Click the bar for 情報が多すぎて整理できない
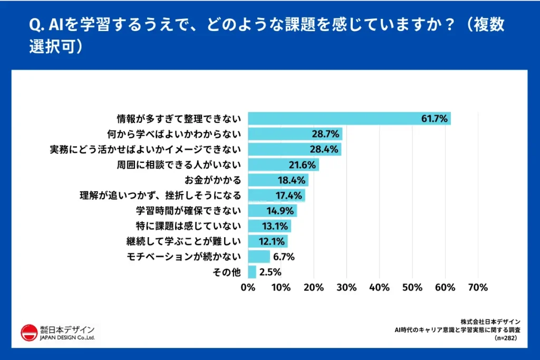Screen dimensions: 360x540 coord(349,118)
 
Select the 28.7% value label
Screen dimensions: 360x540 coord(327,133)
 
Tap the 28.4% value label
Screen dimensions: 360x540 coord(326,149)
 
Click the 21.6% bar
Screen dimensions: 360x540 coord(283,164)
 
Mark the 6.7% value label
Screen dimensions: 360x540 coord(283,257)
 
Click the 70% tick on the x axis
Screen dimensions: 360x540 coord(477,287)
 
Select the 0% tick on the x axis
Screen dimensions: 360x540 coord(248,287)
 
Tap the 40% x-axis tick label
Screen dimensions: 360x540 coord(379,287)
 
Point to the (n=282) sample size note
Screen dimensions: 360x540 coord(506,338)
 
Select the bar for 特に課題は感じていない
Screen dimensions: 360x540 coord(269,226)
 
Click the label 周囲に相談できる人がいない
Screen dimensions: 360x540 coord(179,164)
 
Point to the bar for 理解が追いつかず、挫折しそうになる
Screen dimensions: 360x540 coord(276,196)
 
